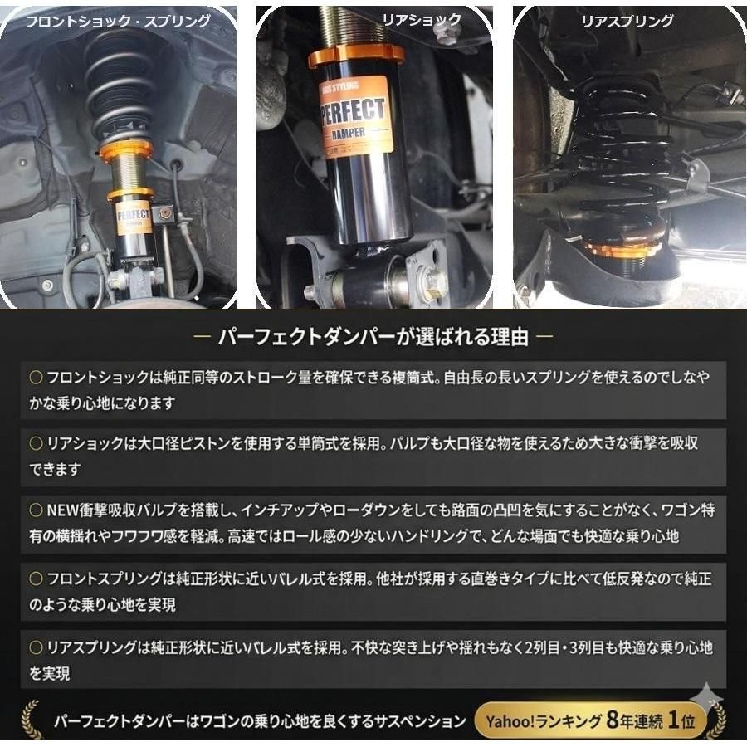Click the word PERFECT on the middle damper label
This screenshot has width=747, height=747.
click(355, 110)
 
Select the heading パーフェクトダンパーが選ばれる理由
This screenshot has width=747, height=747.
click(373, 337)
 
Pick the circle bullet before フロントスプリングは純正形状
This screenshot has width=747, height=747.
click(36, 579)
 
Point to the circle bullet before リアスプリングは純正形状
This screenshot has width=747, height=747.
click(36, 647)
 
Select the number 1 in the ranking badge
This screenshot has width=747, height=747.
click(676, 720)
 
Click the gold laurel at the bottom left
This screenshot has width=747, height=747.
click(31, 719)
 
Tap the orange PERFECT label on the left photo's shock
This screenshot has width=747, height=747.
click(132, 217)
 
